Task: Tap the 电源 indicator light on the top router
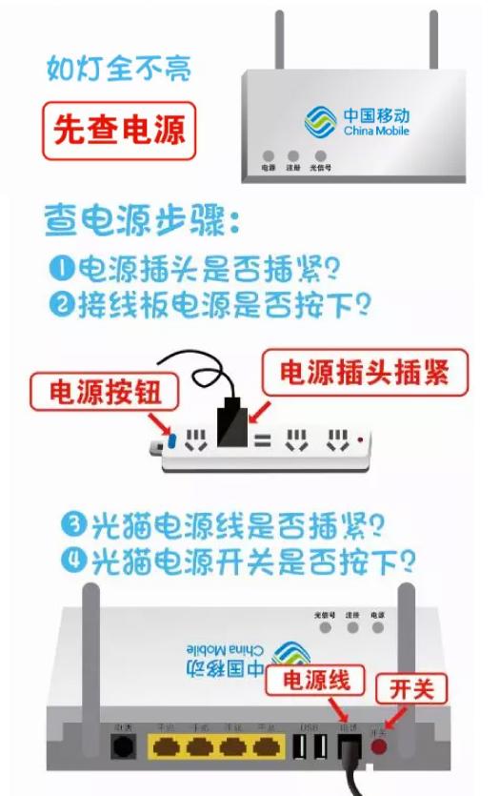[269, 156]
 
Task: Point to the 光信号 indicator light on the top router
[321, 156]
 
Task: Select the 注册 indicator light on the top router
[293, 156]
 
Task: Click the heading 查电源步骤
[143, 221]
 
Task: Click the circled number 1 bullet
[63, 269]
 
